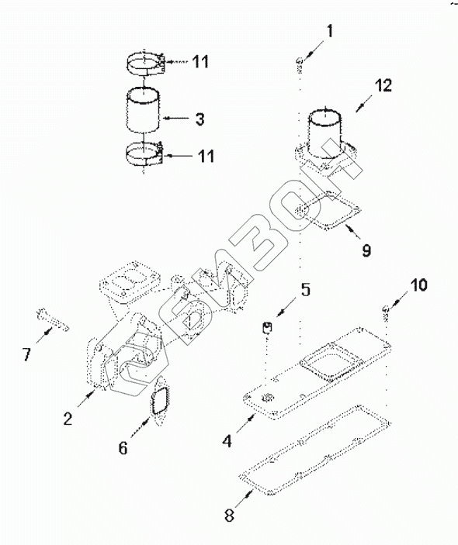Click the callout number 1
pyautogui.click(x=329, y=31)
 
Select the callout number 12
pyautogui.click(x=383, y=85)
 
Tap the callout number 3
pyautogui.click(x=200, y=119)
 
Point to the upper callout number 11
pyautogui.click(x=200, y=62)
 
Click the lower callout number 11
pyautogui.click(x=206, y=156)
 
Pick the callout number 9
pyautogui.click(x=366, y=250)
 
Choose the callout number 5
pyautogui.click(x=305, y=289)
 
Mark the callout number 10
pyautogui.click(x=418, y=285)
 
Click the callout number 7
pyautogui.click(x=27, y=354)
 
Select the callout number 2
pyautogui.click(x=68, y=419)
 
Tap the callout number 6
pyautogui.click(x=123, y=448)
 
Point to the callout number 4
pyautogui.click(x=227, y=441)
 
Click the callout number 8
pyautogui.click(x=229, y=515)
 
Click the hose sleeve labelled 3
pyautogui.click(x=143, y=111)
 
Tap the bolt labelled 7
pyautogui.click(x=53, y=319)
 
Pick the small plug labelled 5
pyautogui.click(x=267, y=327)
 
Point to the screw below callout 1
pyautogui.click(x=299, y=64)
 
